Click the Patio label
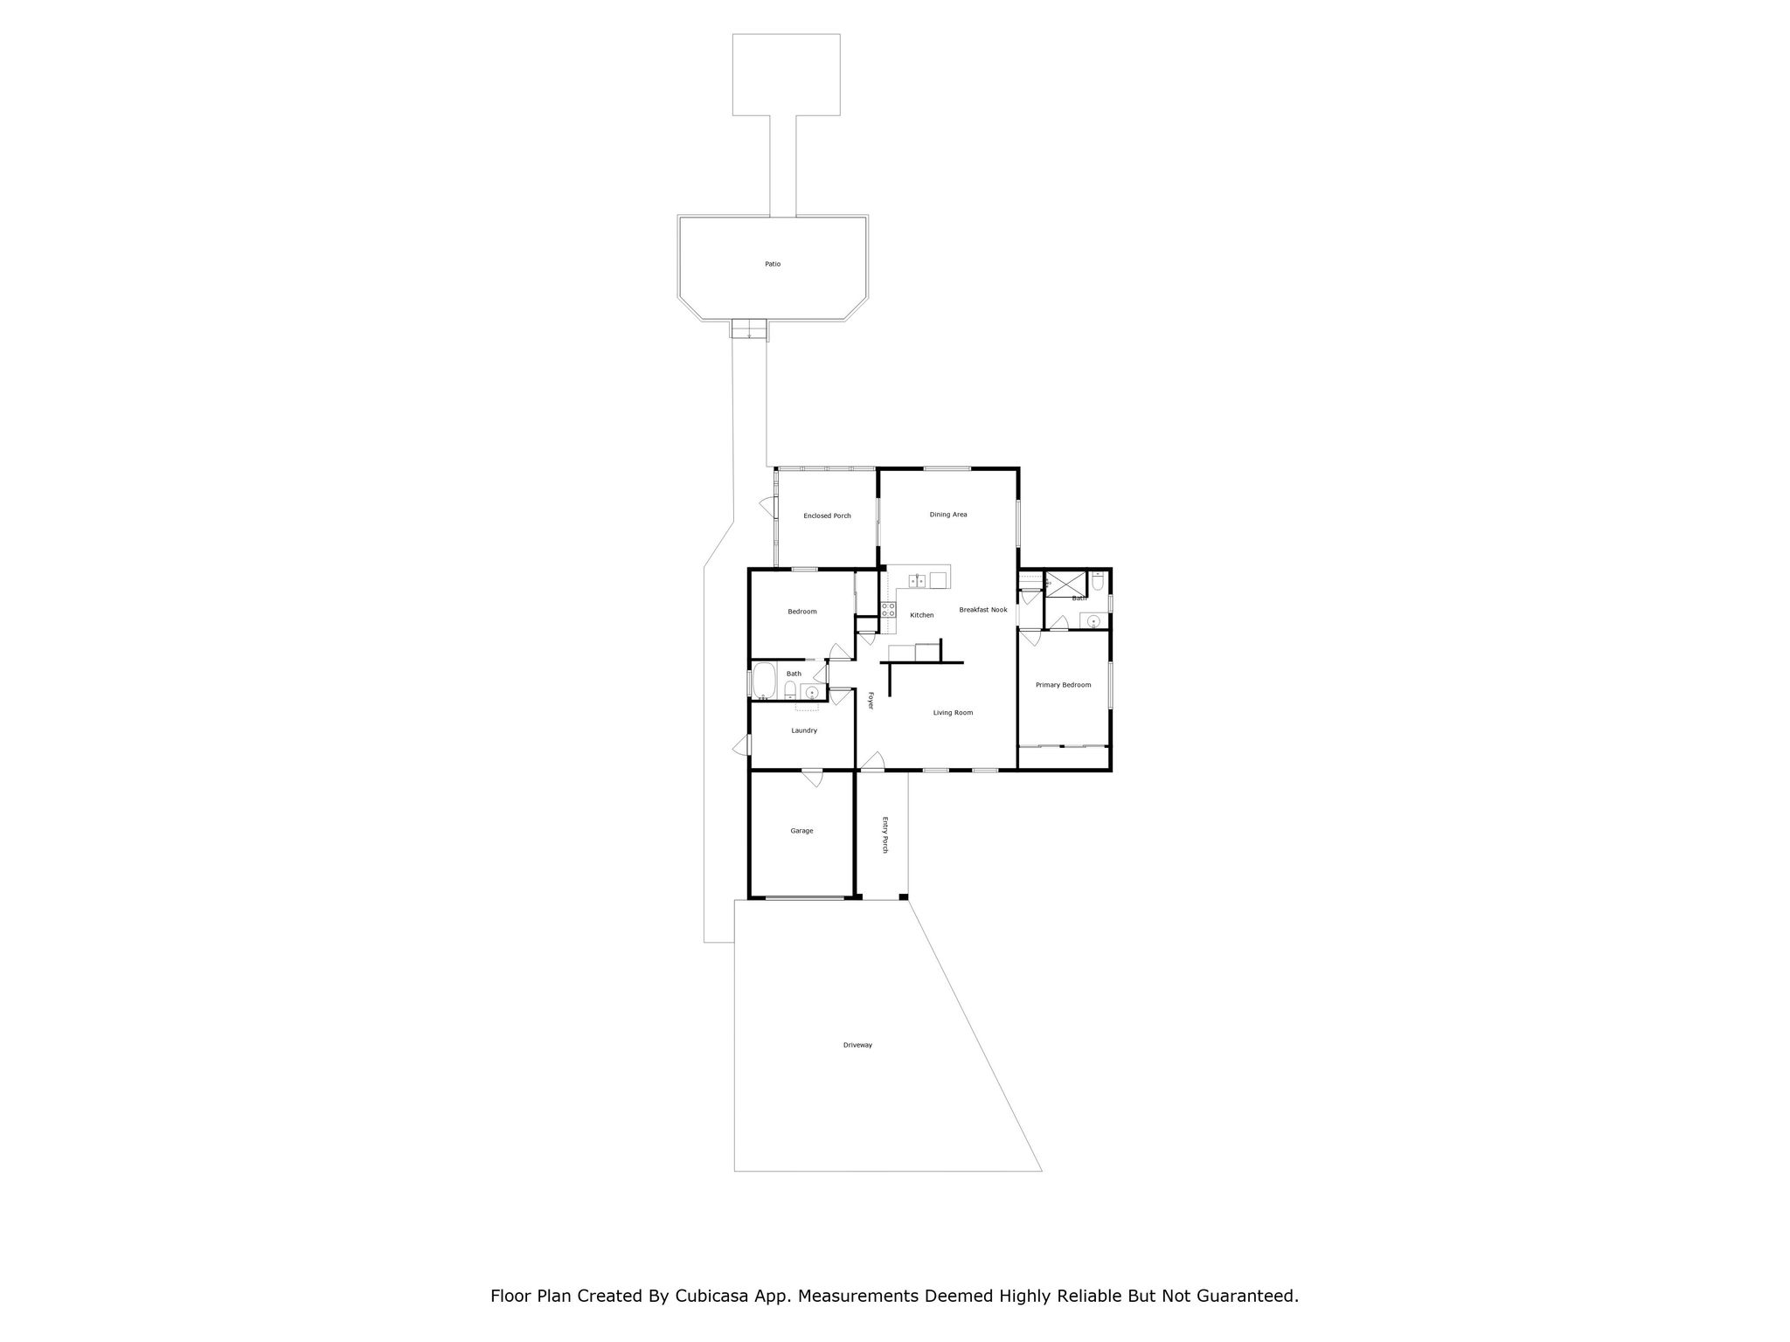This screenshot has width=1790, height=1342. point(772,264)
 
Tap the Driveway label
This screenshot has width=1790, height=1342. point(857,1045)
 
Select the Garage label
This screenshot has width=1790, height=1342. point(801,831)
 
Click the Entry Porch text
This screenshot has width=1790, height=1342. point(885,834)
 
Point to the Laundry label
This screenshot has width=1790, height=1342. point(804,730)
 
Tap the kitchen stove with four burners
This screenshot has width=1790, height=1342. point(888,610)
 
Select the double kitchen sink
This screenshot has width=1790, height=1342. point(917,580)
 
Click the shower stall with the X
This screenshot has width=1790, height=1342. point(1065,584)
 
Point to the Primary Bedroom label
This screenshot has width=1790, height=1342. point(1063,685)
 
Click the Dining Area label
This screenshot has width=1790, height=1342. point(947,515)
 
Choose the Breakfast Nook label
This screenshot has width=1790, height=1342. point(982,610)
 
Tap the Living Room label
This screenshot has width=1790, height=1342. point(953,713)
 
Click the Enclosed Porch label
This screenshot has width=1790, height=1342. point(827,515)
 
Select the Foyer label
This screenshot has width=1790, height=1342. point(871,700)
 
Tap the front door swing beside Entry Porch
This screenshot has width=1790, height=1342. point(871,766)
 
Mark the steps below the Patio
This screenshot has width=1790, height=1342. point(749,329)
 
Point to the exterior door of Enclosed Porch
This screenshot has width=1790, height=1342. point(769,505)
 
